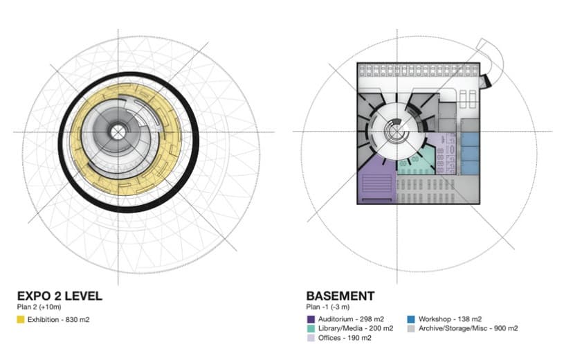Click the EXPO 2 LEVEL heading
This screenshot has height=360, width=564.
coord(60,296)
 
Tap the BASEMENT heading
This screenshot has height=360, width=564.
coord(340,296)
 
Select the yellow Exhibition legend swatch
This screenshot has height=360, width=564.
coord(21,319)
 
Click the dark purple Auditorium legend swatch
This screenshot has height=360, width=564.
coord(311,319)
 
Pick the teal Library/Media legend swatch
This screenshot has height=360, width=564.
coord(311,328)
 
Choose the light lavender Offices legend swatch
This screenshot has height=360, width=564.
coord(311,338)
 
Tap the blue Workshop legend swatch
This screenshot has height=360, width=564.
coord(411,319)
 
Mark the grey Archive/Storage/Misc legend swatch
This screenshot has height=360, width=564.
coord(411,328)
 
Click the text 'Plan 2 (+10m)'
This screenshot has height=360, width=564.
coord(39,307)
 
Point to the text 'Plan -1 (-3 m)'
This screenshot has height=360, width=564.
coord(328,307)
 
